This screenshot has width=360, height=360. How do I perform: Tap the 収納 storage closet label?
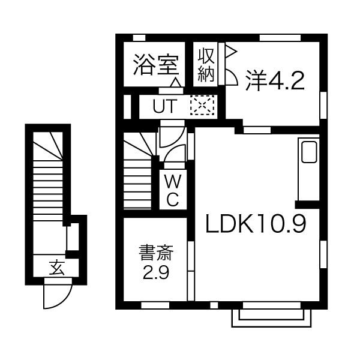pyautogui.click(x=206, y=65)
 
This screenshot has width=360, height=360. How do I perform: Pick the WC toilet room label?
pyautogui.click(x=172, y=190)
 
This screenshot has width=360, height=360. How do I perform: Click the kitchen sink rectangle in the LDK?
pyautogui.click(x=310, y=152)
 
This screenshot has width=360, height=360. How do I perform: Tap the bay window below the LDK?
pyautogui.click(x=272, y=316)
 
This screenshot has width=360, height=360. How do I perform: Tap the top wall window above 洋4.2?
pyautogui.click(x=279, y=37)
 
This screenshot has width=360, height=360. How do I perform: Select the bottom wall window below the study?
pyautogui.click(x=155, y=305)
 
